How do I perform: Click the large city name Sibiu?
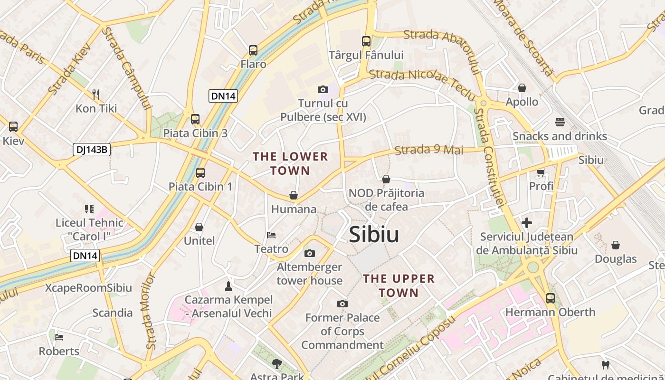374,235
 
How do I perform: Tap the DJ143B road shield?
92,150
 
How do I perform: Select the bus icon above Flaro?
253,50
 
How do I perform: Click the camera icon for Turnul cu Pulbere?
323,89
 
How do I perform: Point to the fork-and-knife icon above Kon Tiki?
96,94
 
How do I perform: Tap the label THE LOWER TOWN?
290,163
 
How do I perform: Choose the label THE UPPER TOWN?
399,285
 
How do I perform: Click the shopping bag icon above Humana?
294,195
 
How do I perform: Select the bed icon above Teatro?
271,235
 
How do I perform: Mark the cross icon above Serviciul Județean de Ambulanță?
526,222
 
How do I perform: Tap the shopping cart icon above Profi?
541,172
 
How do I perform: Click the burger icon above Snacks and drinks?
560,122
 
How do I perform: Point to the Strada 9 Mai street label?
428,150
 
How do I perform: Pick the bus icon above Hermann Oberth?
550,298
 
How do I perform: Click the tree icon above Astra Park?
276,364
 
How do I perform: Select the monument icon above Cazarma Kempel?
228,286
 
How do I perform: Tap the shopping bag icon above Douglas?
616,245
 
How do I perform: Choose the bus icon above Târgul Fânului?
366,41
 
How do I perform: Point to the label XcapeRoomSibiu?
89,288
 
